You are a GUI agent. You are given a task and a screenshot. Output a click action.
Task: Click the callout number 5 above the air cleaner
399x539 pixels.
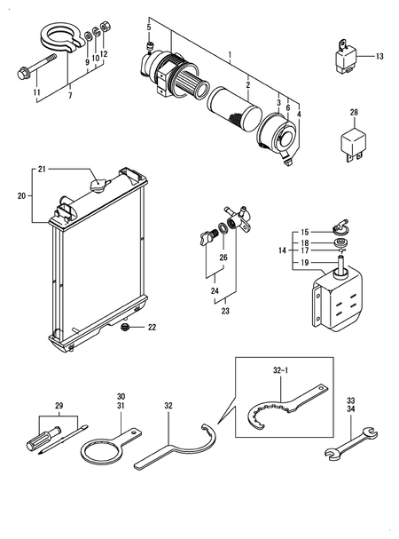click(x=148, y=28)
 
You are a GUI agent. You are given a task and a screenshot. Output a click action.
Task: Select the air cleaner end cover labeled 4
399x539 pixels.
click(x=283, y=139)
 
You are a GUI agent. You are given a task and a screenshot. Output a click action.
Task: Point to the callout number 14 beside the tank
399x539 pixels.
click(x=283, y=251)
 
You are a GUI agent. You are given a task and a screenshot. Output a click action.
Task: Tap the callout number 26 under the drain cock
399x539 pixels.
click(x=223, y=258)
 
